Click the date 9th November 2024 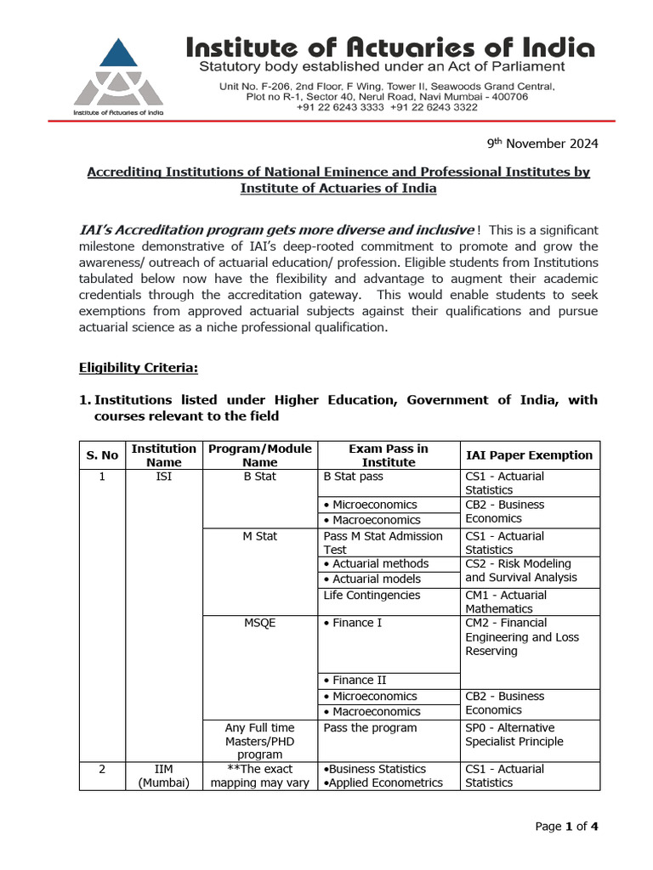(x=554, y=144)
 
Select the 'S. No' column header (x=102, y=455)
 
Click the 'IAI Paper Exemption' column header (x=529, y=455)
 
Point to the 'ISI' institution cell (x=164, y=477)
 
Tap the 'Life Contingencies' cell (x=372, y=596)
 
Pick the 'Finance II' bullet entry (x=355, y=680)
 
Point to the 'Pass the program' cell (x=370, y=728)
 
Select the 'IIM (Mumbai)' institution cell (x=164, y=776)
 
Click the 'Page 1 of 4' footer (x=566, y=826)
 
